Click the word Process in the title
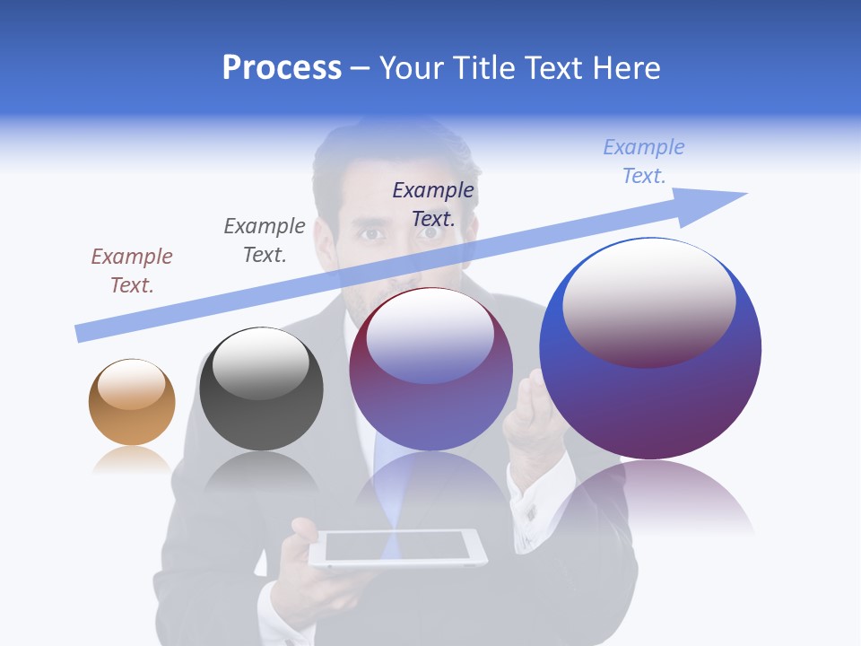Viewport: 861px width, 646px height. pyautogui.click(x=282, y=68)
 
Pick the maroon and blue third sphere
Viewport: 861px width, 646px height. pyautogui.click(x=430, y=370)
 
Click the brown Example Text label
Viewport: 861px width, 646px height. pyautogui.click(x=132, y=271)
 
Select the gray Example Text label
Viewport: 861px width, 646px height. pyautogui.click(x=265, y=240)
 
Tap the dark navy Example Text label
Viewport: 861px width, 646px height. pyautogui.click(x=433, y=204)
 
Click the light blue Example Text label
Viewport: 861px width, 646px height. pyautogui.click(x=644, y=161)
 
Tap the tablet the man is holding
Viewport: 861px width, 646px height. pyautogui.click(x=397, y=546)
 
